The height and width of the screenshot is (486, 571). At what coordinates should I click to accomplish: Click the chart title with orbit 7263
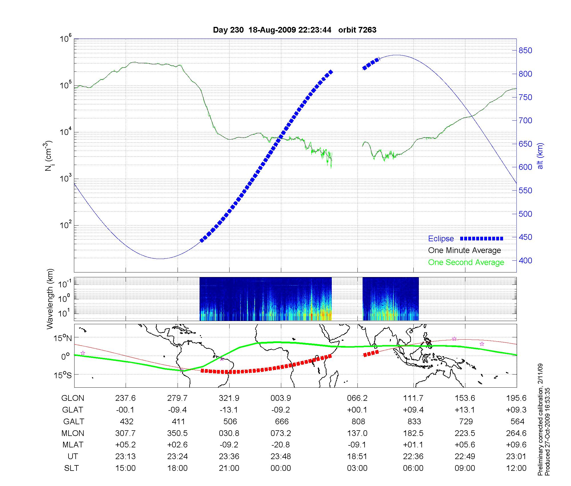tap(295, 30)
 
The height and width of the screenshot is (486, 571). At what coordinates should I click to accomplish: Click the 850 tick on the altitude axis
tap(525, 51)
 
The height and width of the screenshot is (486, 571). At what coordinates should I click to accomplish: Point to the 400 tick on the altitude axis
tap(525, 260)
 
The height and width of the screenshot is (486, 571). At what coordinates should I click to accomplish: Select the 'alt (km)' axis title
tap(540, 156)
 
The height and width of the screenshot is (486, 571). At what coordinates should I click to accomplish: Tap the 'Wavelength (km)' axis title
tap(50, 299)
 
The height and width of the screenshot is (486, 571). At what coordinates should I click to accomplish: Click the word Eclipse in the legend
tap(441, 239)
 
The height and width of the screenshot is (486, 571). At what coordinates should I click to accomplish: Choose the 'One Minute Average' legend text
tap(465, 250)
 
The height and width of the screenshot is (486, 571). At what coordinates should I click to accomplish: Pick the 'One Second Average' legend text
tap(466, 262)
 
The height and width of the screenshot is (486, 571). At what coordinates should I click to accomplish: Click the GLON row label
tap(73, 398)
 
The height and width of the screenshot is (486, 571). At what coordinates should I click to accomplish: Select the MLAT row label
tap(73, 445)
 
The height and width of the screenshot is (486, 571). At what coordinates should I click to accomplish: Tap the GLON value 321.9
tap(229, 398)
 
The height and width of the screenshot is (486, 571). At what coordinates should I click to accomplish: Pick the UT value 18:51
tap(357, 457)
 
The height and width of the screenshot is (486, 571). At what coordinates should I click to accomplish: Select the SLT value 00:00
tap(281, 468)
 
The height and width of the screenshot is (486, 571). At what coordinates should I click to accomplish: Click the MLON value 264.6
tap(516, 433)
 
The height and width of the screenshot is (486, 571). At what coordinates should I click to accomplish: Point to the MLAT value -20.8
tap(281, 445)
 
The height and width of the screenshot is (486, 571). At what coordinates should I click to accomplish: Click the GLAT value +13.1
tap(465, 410)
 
